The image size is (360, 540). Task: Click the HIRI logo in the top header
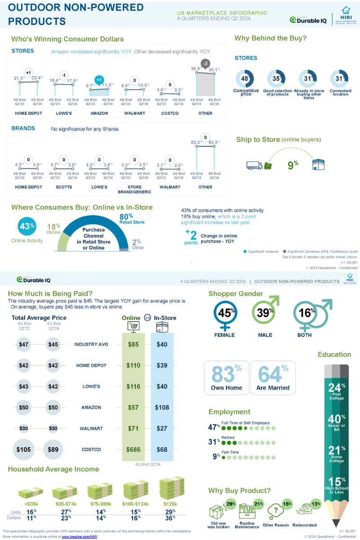(x=345, y=16)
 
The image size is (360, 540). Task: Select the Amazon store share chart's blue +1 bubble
(x=99, y=80)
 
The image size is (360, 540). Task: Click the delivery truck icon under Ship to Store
(x=254, y=165)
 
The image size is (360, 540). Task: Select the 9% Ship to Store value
(x=293, y=165)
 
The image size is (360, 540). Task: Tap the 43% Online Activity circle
(x=27, y=226)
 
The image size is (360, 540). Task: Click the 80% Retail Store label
(x=132, y=218)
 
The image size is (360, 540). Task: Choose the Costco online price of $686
(x=133, y=450)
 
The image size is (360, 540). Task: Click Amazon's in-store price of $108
(x=162, y=407)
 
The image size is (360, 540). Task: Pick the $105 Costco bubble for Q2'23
(x=24, y=450)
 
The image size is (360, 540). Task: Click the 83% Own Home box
(x=226, y=378)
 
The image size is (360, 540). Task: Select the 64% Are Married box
(x=273, y=378)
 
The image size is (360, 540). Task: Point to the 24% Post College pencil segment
(x=337, y=390)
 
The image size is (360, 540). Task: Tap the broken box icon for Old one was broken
(x=218, y=511)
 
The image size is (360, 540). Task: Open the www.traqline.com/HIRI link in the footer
(x=79, y=536)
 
